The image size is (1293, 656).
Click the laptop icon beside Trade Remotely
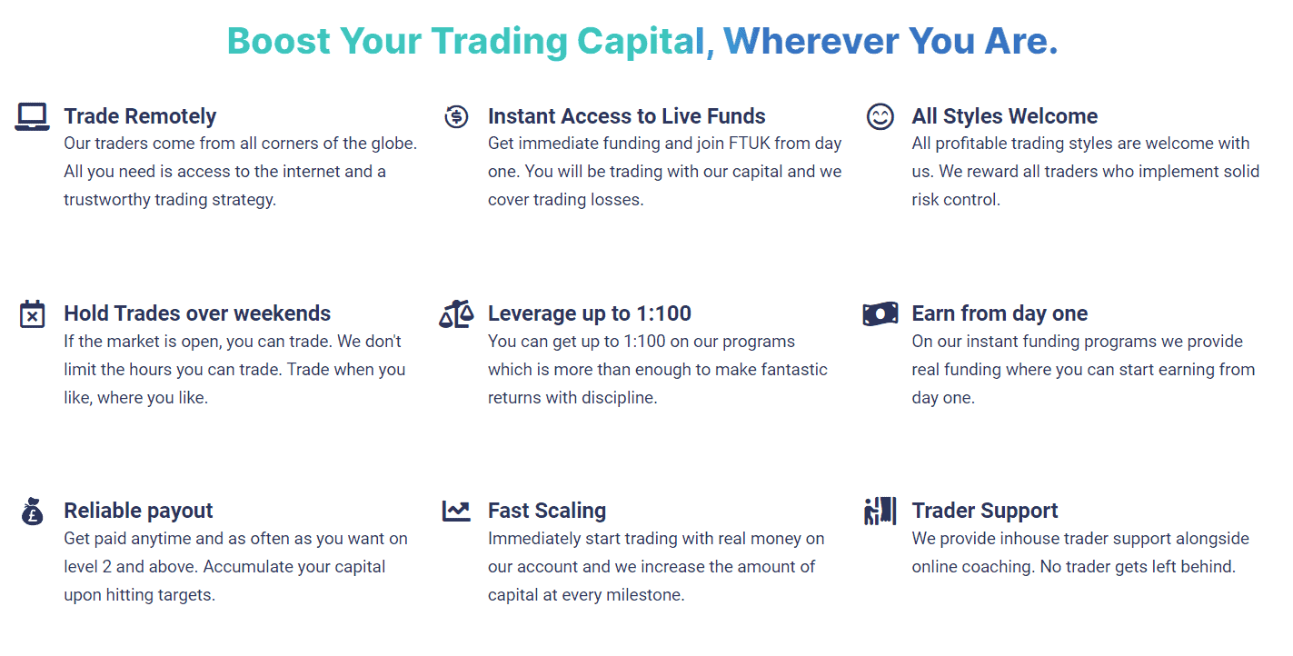(33, 117)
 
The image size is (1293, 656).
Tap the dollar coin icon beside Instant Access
(456, 116)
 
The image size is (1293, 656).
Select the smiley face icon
(880, 116)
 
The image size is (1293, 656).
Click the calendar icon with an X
(33, 313)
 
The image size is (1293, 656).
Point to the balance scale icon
(456, 313)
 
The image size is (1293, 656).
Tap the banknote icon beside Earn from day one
(880, 313)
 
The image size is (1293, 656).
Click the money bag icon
(33, 512)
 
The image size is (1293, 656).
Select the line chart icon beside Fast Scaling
(456, 512)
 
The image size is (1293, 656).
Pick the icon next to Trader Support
(880, 512)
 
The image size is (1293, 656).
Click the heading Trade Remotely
(140, 116)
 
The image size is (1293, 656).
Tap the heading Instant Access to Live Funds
(626, 116)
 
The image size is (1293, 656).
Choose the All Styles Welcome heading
(1004, 116)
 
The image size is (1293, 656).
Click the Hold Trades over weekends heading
(197, 313)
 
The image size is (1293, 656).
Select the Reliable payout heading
(138, 512)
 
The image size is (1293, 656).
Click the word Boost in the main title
(279, 41)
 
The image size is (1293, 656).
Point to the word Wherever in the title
(811, 41)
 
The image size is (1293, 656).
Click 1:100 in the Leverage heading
(663, 313)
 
